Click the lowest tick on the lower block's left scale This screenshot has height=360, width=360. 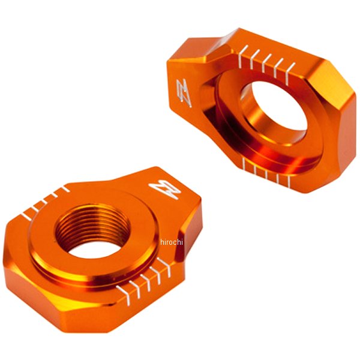click(x=26, y=215)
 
